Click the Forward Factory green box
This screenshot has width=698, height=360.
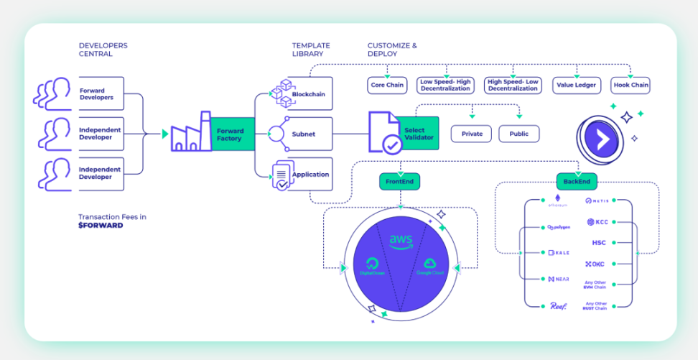[232, 134]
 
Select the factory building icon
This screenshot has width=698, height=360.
[190, 133]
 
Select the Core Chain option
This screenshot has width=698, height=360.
[387, 85]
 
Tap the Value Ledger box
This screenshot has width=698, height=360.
[576, 85]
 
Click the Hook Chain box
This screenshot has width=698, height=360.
[630, 85]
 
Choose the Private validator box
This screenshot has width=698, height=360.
[472, 134]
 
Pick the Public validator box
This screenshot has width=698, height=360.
[518, 134]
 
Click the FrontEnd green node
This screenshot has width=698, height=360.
[400, 182]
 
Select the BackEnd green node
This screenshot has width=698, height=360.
[577, 182]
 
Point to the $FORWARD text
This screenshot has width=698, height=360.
[101, 226]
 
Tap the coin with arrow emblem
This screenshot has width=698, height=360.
[602, 136]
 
